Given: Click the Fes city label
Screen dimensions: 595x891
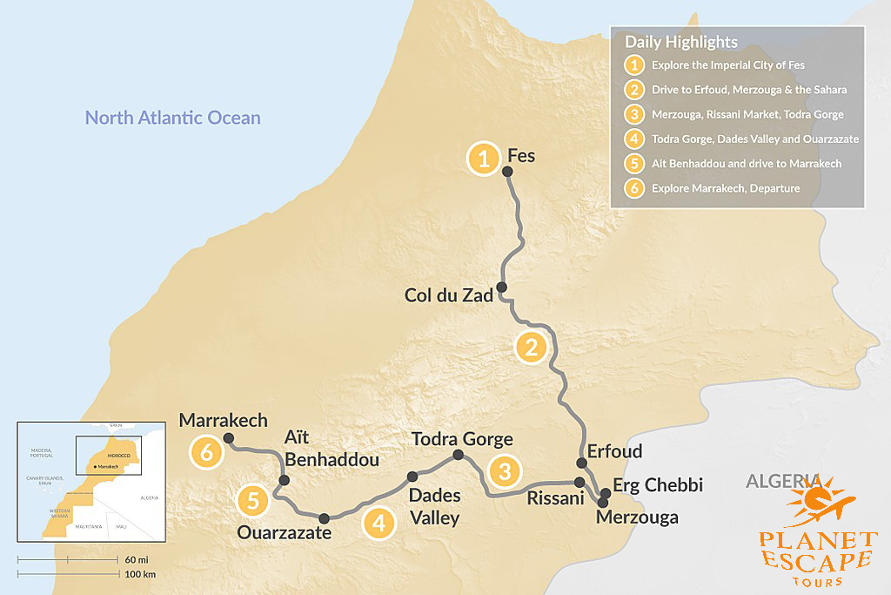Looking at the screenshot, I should point(520,157).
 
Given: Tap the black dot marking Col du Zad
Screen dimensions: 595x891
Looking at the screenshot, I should point(501,287).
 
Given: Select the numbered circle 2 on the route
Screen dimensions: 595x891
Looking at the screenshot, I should point(529,347).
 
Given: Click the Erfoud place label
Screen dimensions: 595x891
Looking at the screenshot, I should point(614,451).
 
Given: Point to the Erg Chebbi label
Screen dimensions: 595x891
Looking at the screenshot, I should point(646,485).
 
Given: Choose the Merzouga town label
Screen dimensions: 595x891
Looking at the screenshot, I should point(636,517).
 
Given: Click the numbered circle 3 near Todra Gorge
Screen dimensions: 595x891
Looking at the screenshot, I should point(504,471).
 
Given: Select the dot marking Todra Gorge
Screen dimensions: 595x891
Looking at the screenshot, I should point(458,455).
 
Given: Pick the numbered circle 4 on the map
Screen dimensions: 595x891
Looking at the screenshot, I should point(378,523).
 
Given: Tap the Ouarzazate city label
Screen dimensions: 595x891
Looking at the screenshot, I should point(285,531).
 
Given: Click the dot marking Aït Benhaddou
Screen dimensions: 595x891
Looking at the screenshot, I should point(284,480).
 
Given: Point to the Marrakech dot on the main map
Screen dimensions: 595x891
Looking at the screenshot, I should point(229,437).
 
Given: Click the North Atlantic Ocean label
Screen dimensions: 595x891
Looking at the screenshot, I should point(172,118).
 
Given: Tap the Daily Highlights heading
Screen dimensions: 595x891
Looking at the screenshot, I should point(680,42).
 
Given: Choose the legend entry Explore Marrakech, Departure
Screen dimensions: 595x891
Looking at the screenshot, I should point(725,188).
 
